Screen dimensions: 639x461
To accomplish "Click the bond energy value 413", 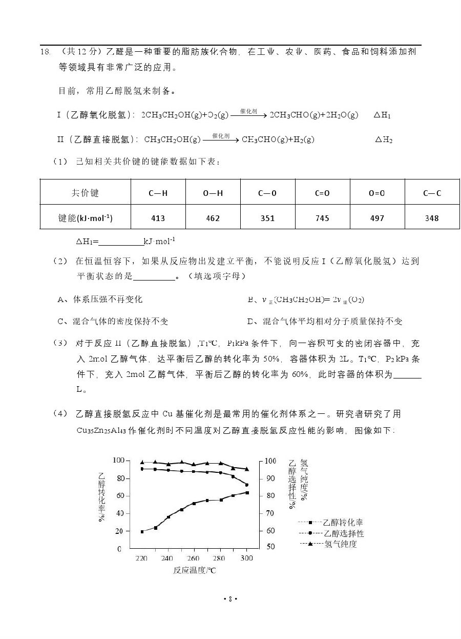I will point(158,218).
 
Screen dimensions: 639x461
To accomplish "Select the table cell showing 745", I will point(322,218).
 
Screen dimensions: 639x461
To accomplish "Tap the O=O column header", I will point(377,193).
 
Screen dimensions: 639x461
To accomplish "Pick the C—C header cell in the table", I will point(432,193).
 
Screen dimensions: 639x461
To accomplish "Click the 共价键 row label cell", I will point(85,193).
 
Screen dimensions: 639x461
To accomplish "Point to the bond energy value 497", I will point(377,218).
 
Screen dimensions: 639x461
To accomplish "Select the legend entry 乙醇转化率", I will point(342,523).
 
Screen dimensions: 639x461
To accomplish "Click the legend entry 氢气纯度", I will point(340,544).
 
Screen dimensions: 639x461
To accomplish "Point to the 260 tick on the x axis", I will point(193,558).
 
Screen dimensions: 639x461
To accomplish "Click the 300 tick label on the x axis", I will point(247,558).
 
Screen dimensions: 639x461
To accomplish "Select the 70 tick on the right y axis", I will point(270,513).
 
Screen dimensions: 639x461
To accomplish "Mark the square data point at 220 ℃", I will point(142,531).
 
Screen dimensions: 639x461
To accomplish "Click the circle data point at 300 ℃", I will point(247,485).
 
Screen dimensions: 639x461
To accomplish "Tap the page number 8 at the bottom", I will point(230,598).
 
